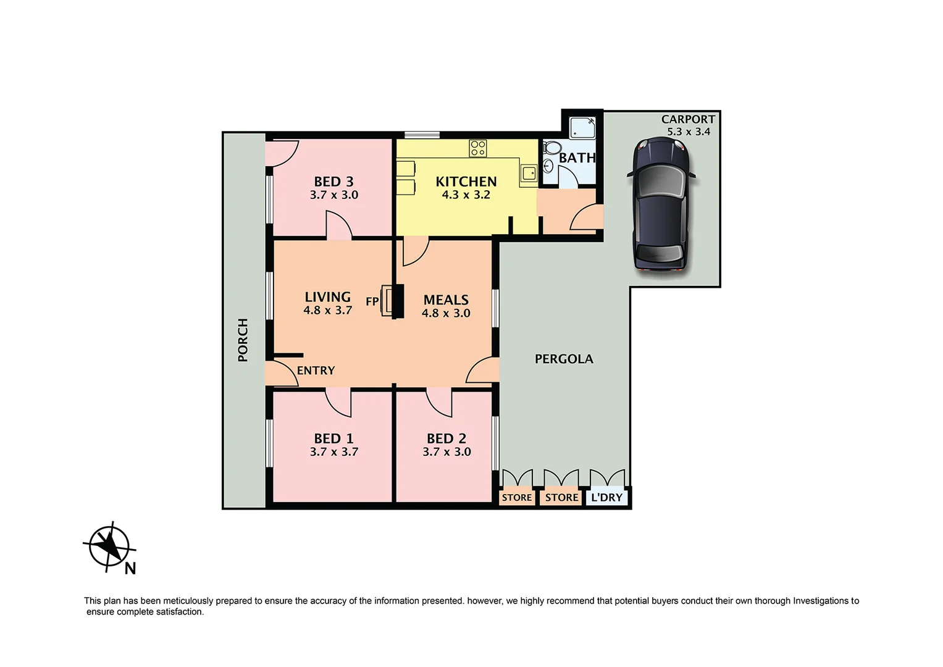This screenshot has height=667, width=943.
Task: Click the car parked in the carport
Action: click(x=661, y=204)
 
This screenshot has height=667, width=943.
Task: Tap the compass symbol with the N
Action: click(x=109, y=546)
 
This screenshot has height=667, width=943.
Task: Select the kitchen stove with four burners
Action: click(x=477, y=148)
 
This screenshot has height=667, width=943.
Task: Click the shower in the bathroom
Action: click(x=582, y=127)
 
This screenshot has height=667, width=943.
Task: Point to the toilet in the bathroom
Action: click(x=551, y=148)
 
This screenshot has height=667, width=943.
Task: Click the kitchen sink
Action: click(x=529, y=173)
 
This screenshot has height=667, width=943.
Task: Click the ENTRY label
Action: click(x=316, y=371)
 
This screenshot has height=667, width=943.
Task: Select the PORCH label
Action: click(x=243, y=340)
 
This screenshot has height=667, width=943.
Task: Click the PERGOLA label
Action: click(x=563, y=359)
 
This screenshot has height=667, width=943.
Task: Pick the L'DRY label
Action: click(x=606, y=497)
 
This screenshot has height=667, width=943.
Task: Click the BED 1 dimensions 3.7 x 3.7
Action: click(x=333, y=452)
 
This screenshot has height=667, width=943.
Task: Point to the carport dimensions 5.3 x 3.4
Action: click(x=688, y=132)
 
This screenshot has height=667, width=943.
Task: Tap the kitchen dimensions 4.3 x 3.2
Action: click(x=466, y=195)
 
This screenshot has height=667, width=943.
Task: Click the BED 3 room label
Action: click(x=333, y=182)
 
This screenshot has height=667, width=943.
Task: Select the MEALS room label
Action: click(x=446, y=300)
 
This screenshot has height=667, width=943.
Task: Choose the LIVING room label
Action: click(x=327, y=297)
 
